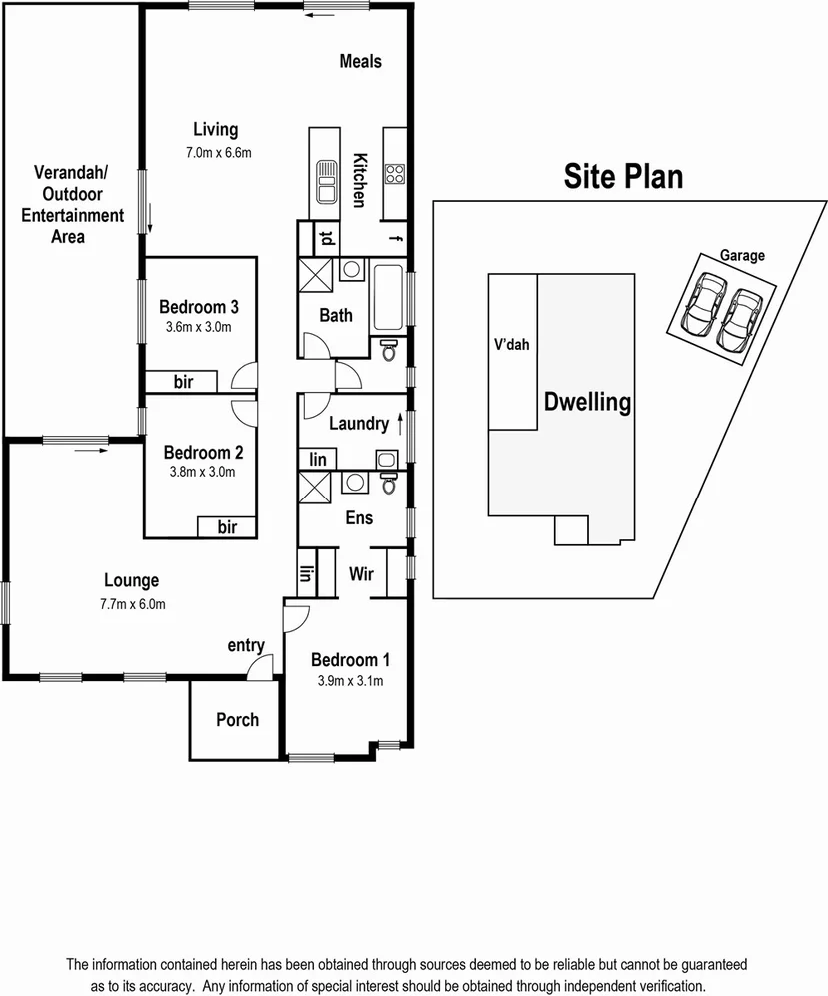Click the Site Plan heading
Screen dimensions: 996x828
coord(623,177)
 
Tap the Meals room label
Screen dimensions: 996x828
coord(360,61)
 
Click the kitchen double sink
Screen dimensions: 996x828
coord(325,180)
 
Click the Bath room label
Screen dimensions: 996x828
coord(336,315)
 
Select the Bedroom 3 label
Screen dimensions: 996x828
coord(199,307)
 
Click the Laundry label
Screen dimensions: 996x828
coord(358,424)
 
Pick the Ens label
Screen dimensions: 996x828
coord(359,517)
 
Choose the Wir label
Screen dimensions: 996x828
coord(361,574)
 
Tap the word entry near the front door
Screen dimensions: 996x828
coord(246,646)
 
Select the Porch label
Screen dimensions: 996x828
coord(237,719)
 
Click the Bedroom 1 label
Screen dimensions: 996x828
coord(350,659)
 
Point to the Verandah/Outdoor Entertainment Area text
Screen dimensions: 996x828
coord(72,204)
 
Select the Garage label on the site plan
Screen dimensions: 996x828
coord(742,256)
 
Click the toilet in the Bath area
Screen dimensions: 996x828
coord(389,350)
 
